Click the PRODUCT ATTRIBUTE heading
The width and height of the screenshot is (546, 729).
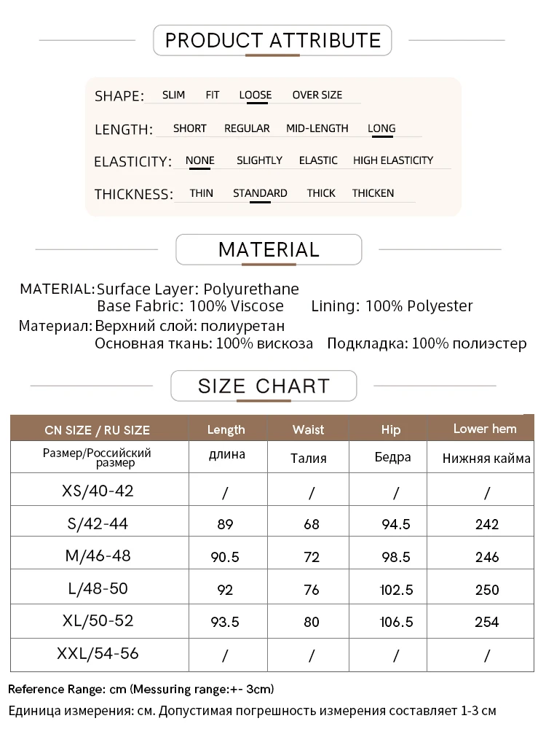[272, 40]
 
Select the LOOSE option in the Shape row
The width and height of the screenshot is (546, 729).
[255, 95]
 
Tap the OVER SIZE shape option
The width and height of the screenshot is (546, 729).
[317, 95]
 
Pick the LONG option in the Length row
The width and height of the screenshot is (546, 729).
[381, 128]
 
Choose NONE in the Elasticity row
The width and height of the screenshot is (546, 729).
[200, 160]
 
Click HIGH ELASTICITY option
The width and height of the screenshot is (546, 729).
[392, 160]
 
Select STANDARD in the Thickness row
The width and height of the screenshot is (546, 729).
[260, 193]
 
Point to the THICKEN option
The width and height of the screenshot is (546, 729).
[373, 193]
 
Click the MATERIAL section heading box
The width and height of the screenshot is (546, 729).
[269, 249]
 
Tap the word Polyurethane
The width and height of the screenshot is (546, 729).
[251, 289]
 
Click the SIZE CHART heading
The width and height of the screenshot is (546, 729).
[264, 386]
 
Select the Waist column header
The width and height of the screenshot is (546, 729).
[309, 429]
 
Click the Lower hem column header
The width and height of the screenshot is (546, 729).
[485, 429]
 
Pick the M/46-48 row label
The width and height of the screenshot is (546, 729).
[98, 555]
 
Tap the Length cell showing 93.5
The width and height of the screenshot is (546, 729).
[225, 622]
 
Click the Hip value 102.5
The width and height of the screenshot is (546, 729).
[397, 589]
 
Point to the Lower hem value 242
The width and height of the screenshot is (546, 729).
[486, 524]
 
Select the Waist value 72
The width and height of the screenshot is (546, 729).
[312, 557]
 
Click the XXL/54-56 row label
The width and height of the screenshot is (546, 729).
[98, 654]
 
